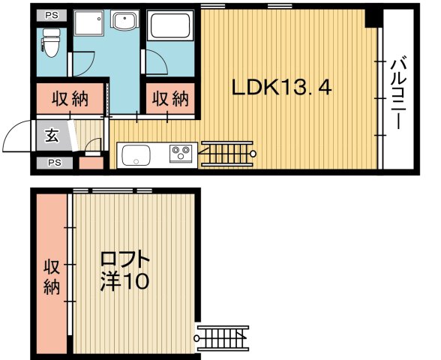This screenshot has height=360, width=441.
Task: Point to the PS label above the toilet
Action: [x=51, y=14]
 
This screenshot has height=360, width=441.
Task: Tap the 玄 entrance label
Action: [x=52, y=136]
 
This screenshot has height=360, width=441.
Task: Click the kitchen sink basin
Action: [x=136, y=156]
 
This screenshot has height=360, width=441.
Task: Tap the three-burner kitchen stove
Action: [x=181, y=154]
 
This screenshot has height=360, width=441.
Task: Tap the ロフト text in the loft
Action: [x=125, y=260]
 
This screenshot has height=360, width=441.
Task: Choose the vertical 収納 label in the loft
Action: [x=51, y=277]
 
